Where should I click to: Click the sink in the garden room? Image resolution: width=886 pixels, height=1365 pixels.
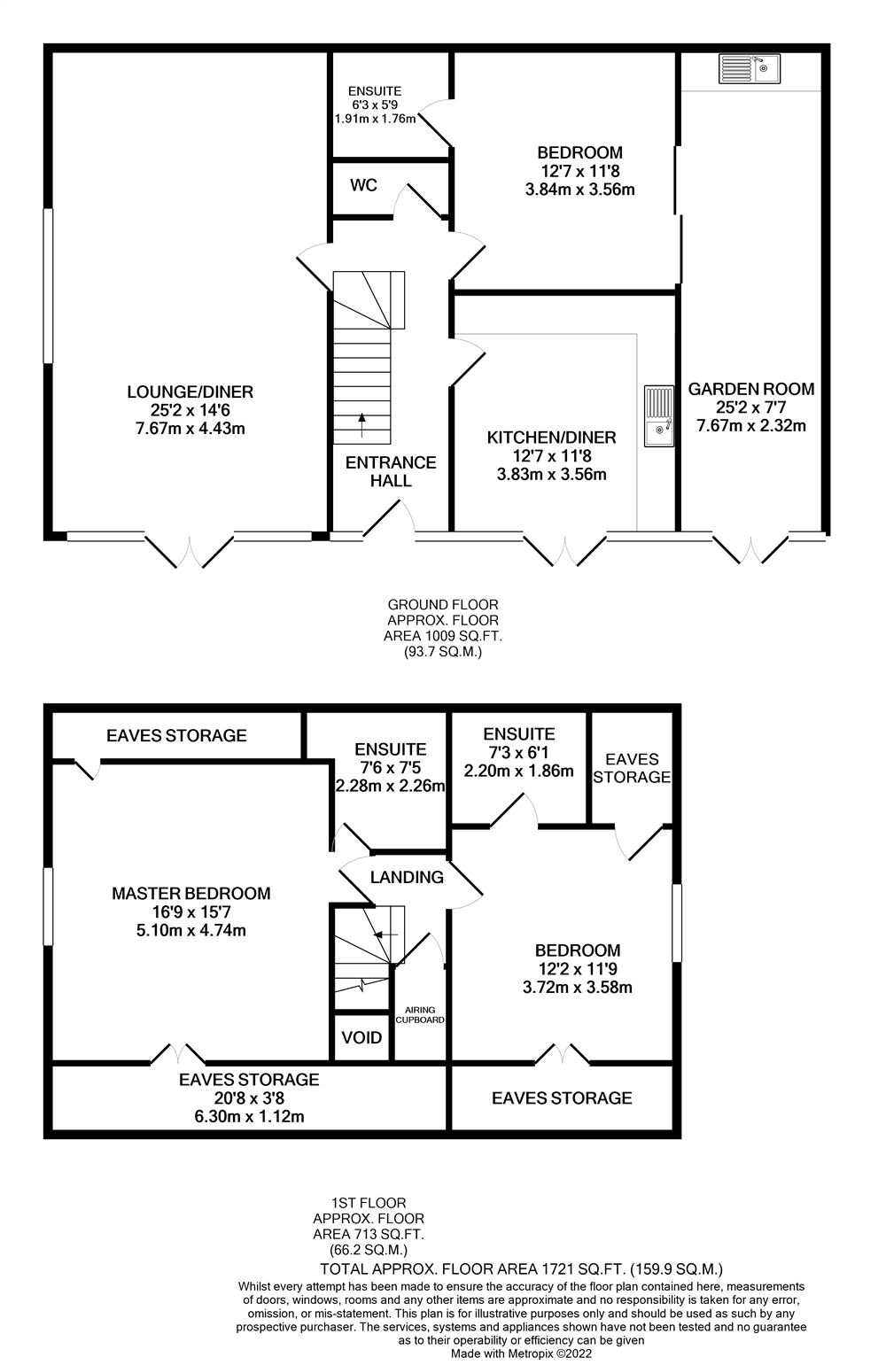tap(749, 68)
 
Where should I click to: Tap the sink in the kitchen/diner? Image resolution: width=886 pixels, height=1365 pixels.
tap(658, 416)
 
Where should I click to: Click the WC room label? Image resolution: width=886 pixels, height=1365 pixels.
tap(363, 185)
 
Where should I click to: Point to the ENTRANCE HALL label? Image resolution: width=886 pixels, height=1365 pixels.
tap(391, 471)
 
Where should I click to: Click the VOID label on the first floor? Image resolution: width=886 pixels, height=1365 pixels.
tap(361, 1037)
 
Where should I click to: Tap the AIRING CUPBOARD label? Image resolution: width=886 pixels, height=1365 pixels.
tap(420, 1014)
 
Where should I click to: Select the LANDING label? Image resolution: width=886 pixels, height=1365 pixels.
tap(407, 877)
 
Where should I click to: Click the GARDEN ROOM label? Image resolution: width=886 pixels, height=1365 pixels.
tap(751, 389)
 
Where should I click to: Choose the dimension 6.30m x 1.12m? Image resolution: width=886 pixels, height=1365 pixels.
tap(249, 1116)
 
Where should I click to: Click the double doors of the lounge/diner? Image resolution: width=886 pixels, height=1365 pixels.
tap(189, 550)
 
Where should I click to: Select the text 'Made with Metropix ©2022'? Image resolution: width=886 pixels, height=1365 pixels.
tap(521, 1353)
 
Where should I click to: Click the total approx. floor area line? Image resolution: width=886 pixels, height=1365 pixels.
tap(522, 1268)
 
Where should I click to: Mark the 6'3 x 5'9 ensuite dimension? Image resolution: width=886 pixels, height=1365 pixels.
tap(374, 105)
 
